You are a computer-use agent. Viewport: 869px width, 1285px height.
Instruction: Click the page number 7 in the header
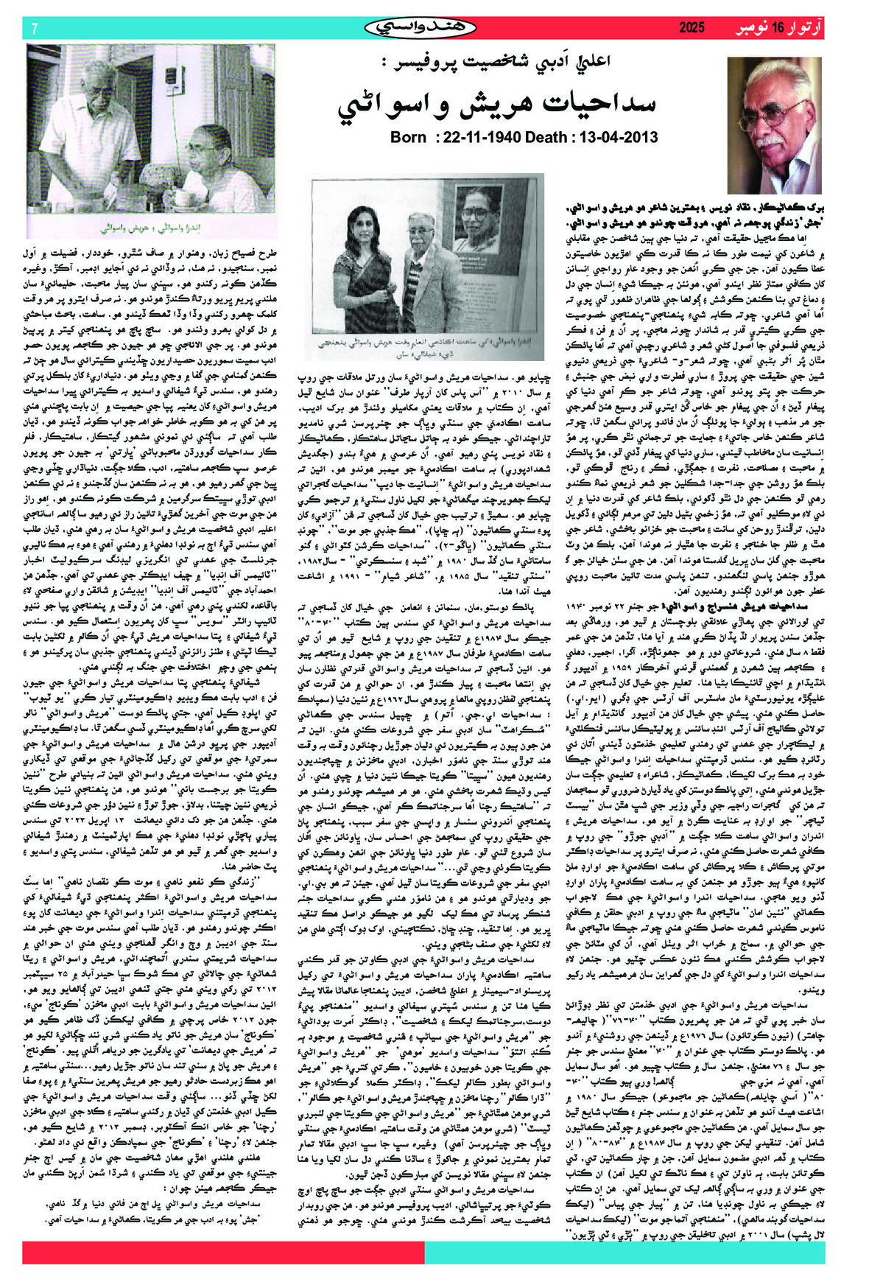pyautogui.click(x=35, y=29)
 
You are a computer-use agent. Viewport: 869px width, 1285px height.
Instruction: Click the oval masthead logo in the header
pyautogui.click(x=421, y=28)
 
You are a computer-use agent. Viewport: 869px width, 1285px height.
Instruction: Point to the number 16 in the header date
pyautogui.click(x=779, y=29)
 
